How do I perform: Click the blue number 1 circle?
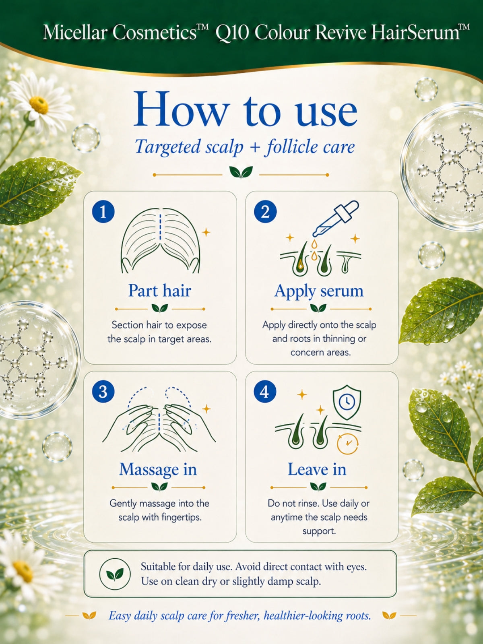click(103, 212)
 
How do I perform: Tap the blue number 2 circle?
click(265, 212)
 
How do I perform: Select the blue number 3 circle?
click(103, 392)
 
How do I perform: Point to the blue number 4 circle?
click(265, 392)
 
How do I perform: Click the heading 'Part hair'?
click(160, 291)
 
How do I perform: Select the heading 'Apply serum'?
click(319, 291)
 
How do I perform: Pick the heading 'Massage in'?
click(158, 469)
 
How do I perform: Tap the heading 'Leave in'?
click(317, 469)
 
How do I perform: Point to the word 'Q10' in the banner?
click(232, 33)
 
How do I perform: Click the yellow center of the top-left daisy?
click(39, 105)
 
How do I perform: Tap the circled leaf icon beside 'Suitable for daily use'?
click(115, 574)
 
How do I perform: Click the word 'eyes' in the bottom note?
click(356, 567)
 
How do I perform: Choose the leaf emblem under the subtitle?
click(241, 172)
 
